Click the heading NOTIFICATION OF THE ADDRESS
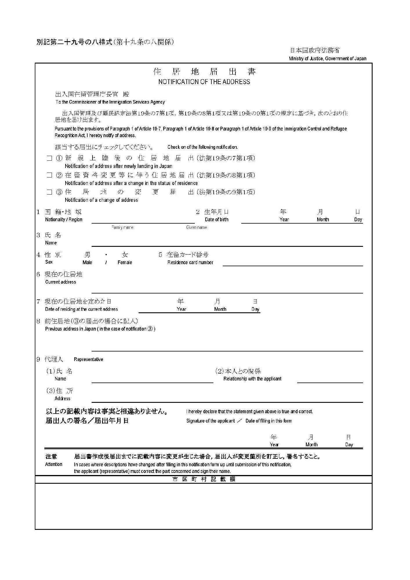coord(204,82)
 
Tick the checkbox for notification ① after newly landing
coord(50,158)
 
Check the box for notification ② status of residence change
coord(50,175)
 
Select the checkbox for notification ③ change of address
coord(50,192)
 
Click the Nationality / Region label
coord(64,220)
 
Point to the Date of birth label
coord(216,220)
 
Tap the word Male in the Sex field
coord(87,262)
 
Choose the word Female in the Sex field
coord(125,262)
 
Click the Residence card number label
coord(190,262)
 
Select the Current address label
coord(60,282)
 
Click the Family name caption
coord(122,227)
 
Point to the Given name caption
coord(196,227)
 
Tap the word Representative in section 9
coord(88,359)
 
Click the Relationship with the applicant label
coord(252,379)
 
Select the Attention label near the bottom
coord(54,464)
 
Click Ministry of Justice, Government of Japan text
coord(327,59)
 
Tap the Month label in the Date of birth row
coord(323,220)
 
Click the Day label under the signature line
coord(349,445)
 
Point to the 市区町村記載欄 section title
coord(204,479)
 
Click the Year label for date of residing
coord(182,309)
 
